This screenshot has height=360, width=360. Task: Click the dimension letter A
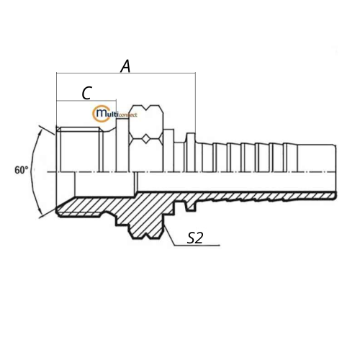[125, 66]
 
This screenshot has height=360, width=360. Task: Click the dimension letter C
[86, 93]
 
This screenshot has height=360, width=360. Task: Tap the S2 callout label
[195, 238]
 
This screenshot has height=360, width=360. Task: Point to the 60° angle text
[22, 170]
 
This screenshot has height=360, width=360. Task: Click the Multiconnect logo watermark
[114, 114]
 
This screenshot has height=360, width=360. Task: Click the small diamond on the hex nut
[146, 139]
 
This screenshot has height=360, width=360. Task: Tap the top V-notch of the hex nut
[146, 109]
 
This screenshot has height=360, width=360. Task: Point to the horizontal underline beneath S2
[197, 246]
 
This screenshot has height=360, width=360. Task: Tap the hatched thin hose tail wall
[264, 197]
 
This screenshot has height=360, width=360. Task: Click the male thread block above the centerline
[81, 149]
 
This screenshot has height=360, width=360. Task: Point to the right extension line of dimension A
[195, 103]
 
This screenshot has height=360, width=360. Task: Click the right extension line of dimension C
[117, 109]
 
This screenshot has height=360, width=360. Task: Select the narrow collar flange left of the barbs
[191, 153]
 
